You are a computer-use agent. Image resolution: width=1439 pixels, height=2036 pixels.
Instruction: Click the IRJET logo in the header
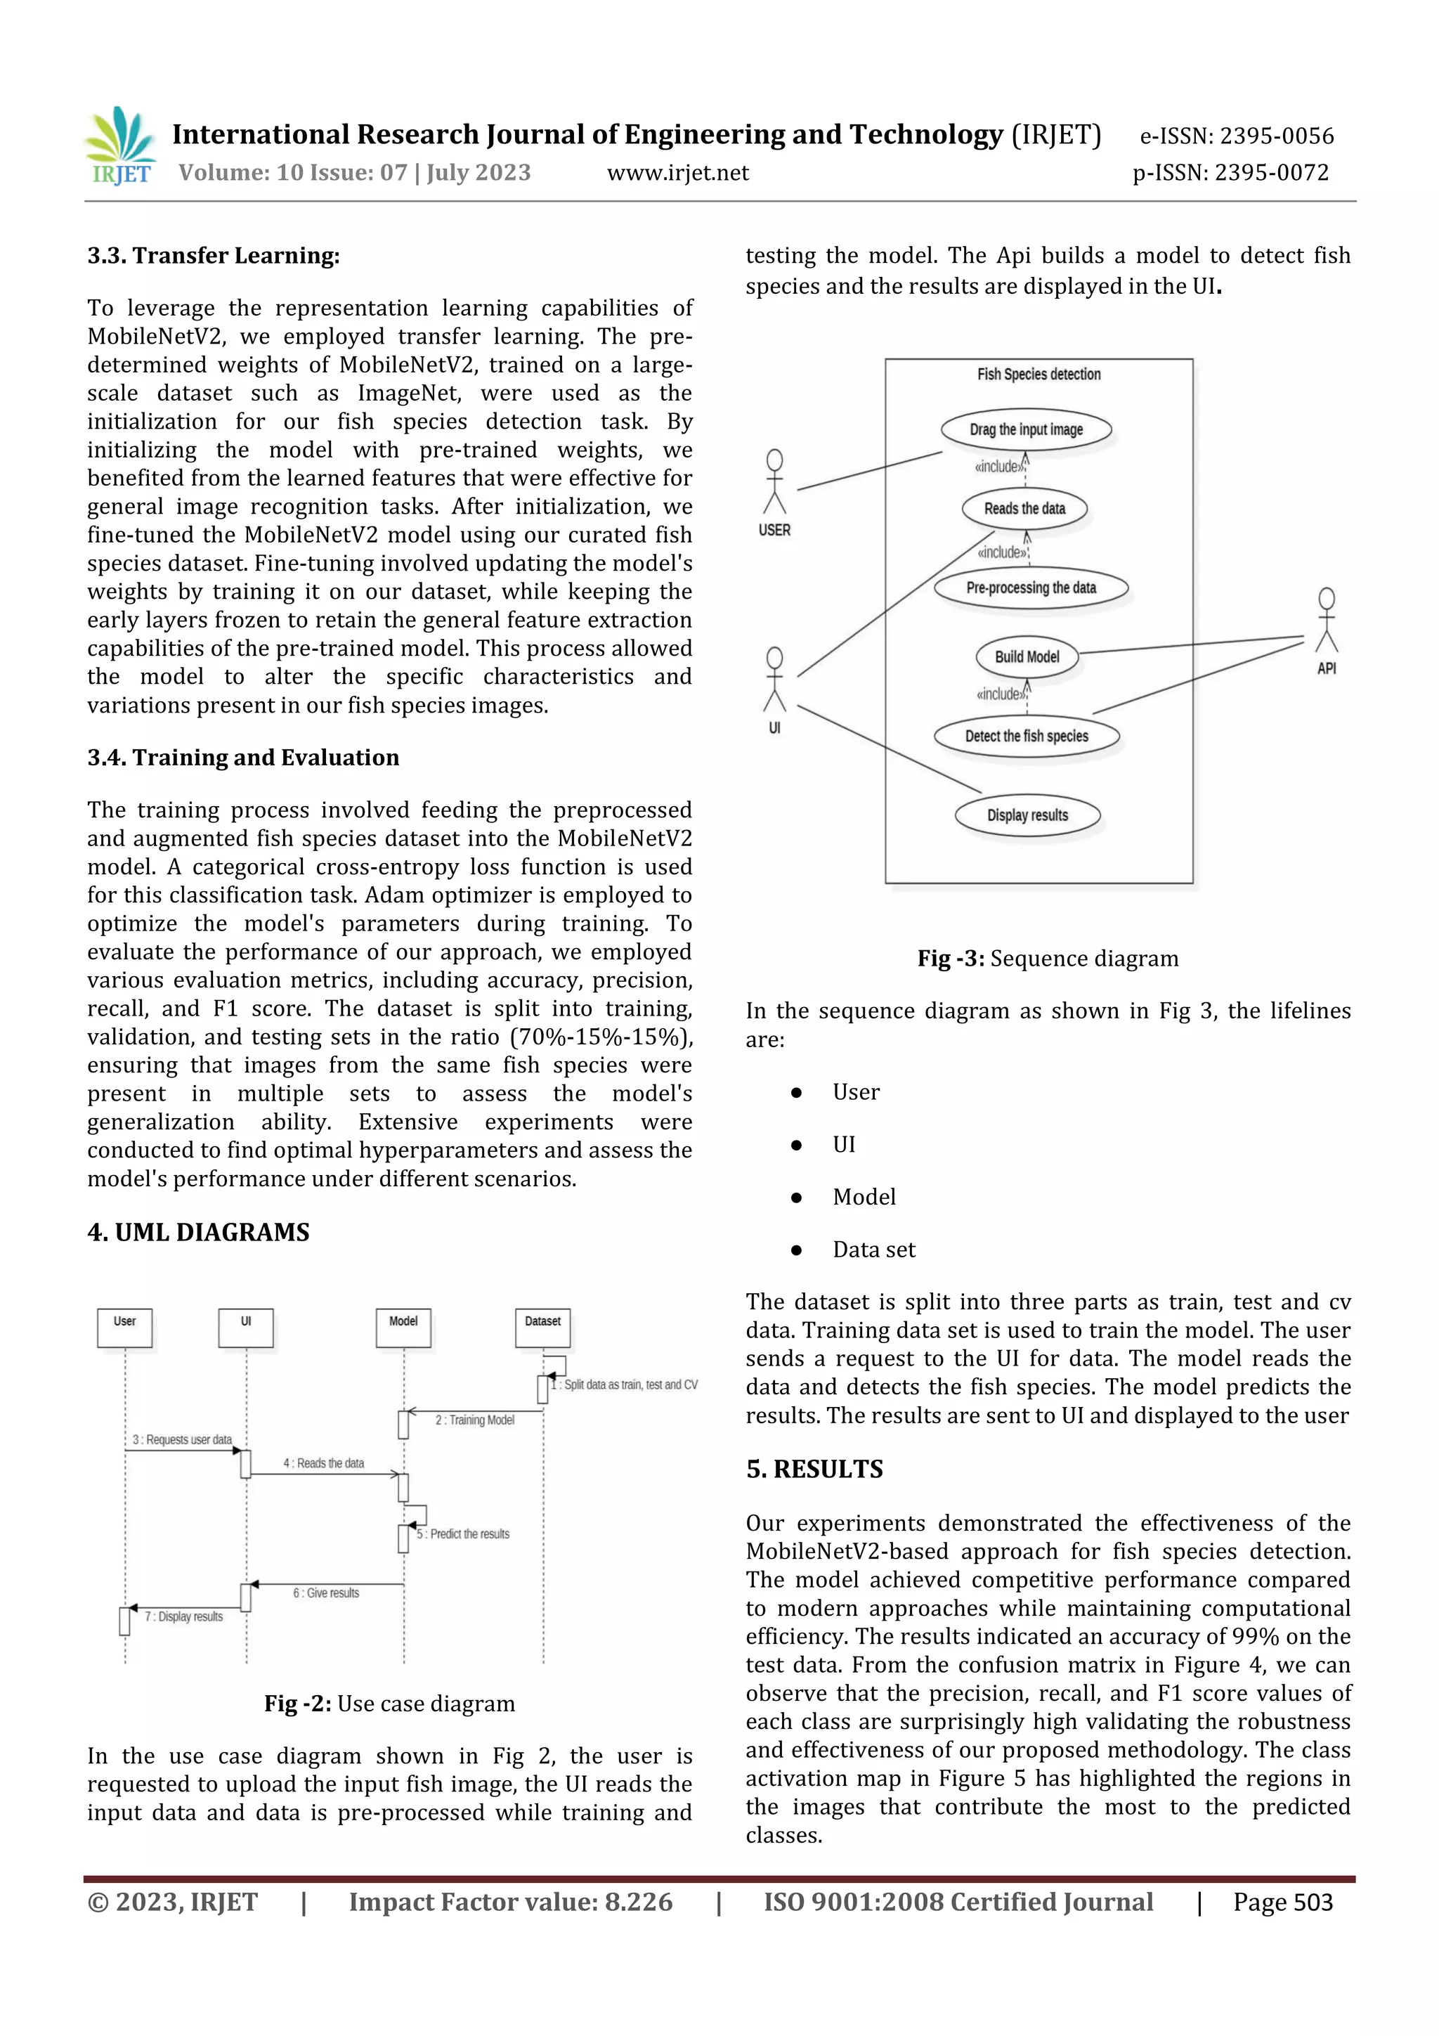tap(119, 146)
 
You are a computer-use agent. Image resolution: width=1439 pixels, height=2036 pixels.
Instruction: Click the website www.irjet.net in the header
tap(677, 173)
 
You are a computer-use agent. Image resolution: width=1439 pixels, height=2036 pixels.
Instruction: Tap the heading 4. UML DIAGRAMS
tap(199, 1233)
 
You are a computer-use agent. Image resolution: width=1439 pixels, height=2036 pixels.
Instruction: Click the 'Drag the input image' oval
tap(1026, 430)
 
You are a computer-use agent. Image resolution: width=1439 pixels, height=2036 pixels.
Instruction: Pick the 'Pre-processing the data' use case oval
tap(1031, 588)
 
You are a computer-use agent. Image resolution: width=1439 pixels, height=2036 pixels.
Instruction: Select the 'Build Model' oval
tap(1027, 657)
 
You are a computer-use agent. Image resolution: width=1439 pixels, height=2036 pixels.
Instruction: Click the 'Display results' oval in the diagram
tap(1027, 815)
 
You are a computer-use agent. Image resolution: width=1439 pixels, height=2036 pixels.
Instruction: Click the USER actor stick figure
tap(774, 484)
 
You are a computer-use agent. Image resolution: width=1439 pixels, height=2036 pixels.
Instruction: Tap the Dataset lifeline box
tap(542, 1328)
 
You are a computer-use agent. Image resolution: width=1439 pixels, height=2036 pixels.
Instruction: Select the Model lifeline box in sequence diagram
tap(403, 1328)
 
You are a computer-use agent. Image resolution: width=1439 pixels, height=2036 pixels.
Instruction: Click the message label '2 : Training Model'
tap(474, 1420)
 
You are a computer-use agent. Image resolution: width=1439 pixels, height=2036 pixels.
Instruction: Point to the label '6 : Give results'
tap(326, 1593)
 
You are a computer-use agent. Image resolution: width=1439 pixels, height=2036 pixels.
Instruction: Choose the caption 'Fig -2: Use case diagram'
tap(389, 1704)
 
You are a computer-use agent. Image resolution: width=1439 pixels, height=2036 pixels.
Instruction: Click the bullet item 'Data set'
tap(873, 1250)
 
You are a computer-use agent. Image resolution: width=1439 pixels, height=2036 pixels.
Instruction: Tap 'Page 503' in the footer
tap(1282, 1902)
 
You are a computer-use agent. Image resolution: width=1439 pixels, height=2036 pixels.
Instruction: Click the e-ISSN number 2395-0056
tap(1276, 136)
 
